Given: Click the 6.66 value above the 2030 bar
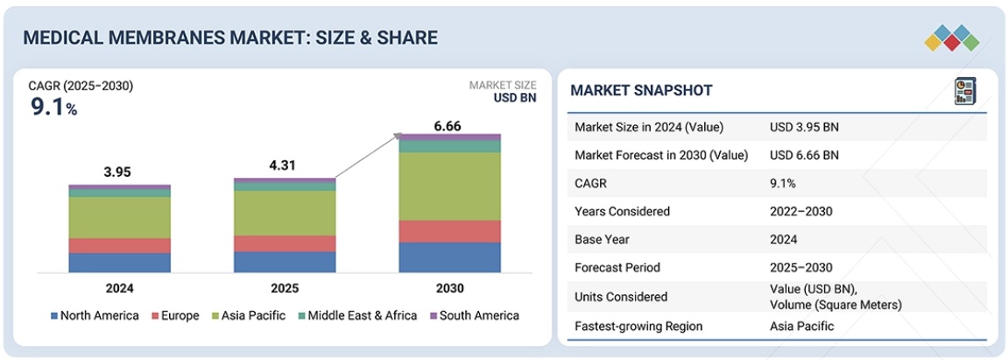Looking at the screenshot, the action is click(448, 126).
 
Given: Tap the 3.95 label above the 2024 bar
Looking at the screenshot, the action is click(118, 173).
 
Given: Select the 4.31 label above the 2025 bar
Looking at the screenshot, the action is click(284, 166).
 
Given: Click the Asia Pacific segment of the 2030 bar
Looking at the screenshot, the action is click(449, 187).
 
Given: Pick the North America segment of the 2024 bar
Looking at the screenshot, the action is click(120, 262).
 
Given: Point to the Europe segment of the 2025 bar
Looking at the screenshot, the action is click(285, 243).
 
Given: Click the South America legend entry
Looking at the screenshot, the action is click(475, 315).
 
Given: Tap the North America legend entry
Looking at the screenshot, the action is click(95, 315).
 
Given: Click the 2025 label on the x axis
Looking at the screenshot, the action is click(285, 289).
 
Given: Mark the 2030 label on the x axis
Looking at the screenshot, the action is click(449, 289).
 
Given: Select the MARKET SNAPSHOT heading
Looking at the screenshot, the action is click(642, 90).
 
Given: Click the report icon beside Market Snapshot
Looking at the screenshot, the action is click(965, 90).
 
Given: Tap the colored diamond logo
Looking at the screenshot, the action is click(952, 39).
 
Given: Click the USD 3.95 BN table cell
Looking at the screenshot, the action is click(804, 127).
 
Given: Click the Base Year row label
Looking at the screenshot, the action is click(602, 239).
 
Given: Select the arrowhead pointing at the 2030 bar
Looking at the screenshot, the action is click(398, 137).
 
